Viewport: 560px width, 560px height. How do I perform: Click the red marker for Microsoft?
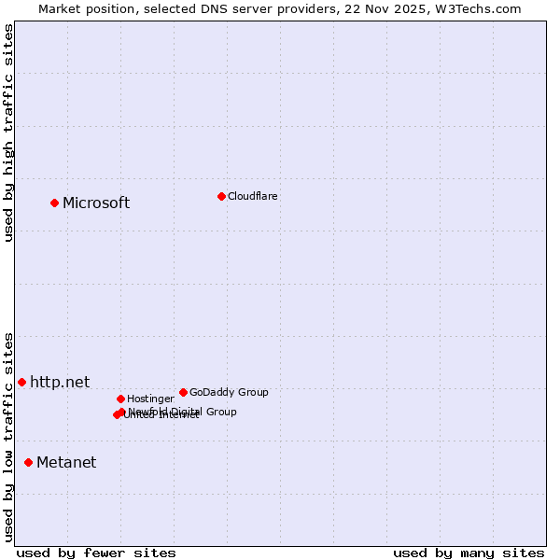(x=54, y=203)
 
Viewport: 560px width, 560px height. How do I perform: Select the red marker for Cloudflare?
(x=221, y=196)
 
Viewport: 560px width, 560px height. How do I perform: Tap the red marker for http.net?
(x=21, y=382)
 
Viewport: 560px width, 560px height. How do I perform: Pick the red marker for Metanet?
(x=28, y=462)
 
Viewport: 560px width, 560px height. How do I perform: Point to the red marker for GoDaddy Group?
(x=183, y=392)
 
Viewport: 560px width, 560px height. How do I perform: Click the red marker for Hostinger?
(x=120, y=399)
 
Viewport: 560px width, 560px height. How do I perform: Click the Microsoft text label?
(x=96, y=203)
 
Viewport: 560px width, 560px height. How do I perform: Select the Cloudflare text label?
(x=252, y=196)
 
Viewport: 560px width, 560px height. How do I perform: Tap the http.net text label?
(x=60, y=382)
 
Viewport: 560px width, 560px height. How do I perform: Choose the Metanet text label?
(x=66, y=462)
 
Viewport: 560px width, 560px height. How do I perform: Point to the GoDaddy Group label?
(x=229, y=392)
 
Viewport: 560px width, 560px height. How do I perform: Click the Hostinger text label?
(x=150, y=399)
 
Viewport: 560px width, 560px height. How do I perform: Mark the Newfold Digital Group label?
(x=182, y=412)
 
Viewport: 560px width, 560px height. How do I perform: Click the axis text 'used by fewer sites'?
(x=96, y=553)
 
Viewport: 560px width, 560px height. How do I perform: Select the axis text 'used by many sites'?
(x=469, y=553)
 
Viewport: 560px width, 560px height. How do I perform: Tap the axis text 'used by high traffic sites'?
(x=8, y=132)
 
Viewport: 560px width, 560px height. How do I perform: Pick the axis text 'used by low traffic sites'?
(x=8, y=437)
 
